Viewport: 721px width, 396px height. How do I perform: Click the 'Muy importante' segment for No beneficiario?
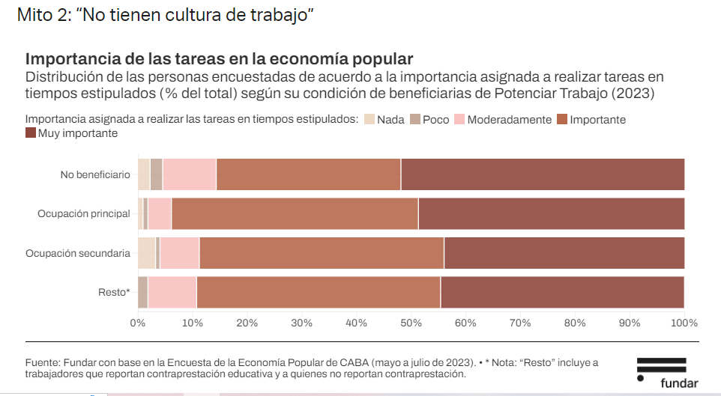[x=543, y=174]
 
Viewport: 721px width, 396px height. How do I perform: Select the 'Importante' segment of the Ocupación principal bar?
[x=295, y=213]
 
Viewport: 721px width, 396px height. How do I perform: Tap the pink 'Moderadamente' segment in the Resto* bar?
[x=172, y=292]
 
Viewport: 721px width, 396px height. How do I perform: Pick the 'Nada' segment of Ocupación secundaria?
[x=146, y=253]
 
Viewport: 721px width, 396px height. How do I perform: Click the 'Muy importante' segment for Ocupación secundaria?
[x=564, y=253]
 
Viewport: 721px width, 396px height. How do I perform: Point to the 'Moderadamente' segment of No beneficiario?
[x=189, y=174]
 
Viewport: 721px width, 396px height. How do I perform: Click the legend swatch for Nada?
[x=369, y=120]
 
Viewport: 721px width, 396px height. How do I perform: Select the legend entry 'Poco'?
[x=435, y=120]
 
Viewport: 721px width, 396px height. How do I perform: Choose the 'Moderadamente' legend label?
[x=509, y=120]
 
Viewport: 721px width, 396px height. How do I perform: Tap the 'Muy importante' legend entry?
[x=78, y=133]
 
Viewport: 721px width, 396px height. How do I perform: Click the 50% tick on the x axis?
[x=411, y=323]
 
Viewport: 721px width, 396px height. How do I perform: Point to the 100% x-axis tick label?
[x=684, y=323]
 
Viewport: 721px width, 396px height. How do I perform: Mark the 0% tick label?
[x=138, y=323]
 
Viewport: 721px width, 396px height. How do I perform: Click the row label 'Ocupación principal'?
[x=84, y=214]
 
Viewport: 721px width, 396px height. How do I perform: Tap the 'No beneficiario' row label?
[x=95, y=175]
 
